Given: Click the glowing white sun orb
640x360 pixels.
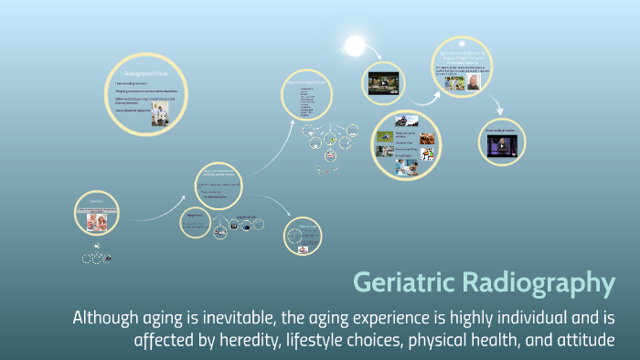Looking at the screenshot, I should point(354,45).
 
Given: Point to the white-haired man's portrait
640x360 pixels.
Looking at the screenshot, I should point(473,81).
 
